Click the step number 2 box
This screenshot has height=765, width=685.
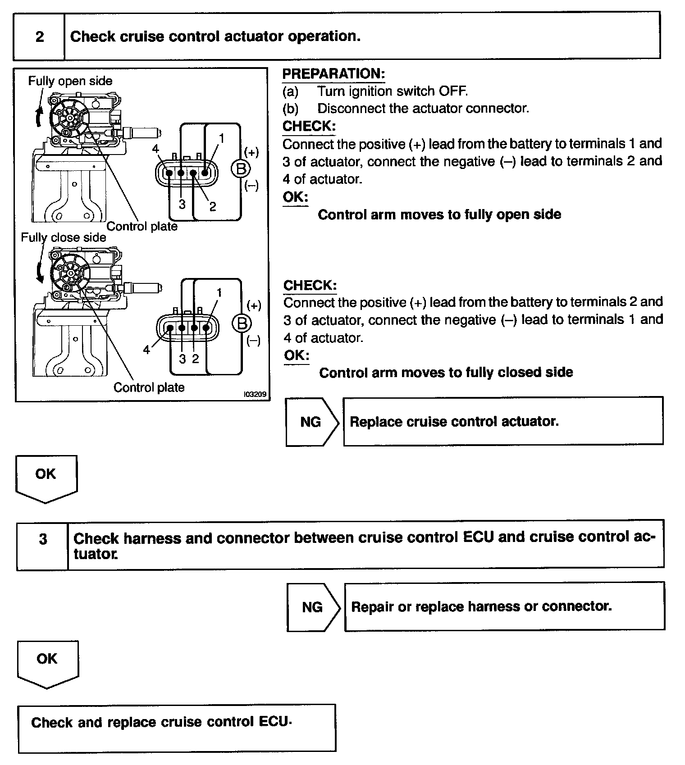(x=40, y=36)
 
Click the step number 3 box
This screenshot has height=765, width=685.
(x=43, y=539)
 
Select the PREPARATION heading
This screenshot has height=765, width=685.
(x=333, y=73)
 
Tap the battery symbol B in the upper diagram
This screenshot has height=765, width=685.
(x=241, y=169)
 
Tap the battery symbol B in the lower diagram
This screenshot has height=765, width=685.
(x=242, y=323)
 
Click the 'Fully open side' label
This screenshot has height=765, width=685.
(x=70, y=81)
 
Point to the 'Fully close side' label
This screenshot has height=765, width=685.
(x=64, y=237)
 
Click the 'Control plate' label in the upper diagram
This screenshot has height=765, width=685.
(x=142, y=226)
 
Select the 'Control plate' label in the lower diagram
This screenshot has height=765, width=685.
(x=149, y=387)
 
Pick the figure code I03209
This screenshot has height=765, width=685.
(x=256, y=394)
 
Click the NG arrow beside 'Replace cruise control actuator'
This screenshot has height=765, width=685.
(x=311, y=422)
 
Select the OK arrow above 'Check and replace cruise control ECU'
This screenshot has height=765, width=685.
(x=47, y=662)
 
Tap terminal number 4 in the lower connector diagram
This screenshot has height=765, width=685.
(x=146, y=350)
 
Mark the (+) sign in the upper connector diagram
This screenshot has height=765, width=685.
(x=251, y=152)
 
